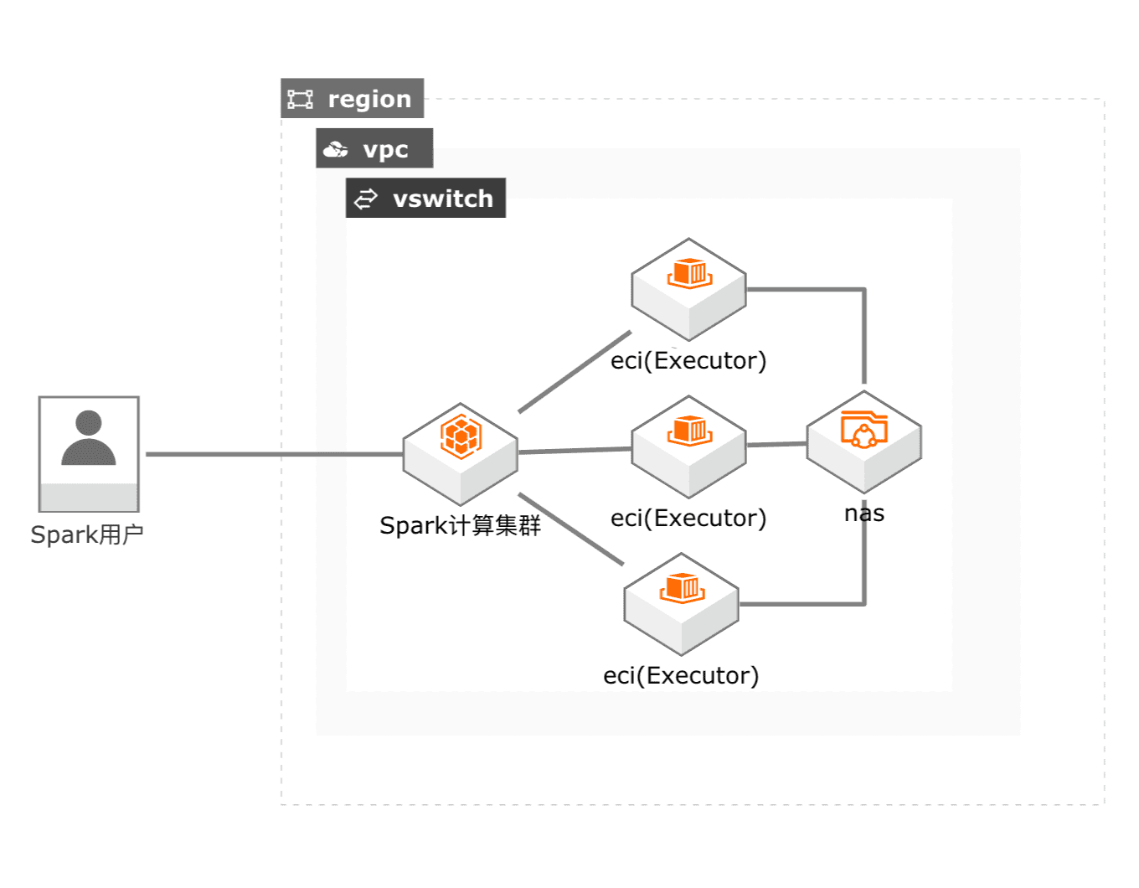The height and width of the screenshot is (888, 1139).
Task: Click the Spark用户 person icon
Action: (x=89, y=453)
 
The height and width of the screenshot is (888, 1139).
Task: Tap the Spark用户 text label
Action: (x=87, y=534)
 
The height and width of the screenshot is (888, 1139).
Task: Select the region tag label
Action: (x=353, y=98)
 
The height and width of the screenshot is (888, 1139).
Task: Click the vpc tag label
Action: (x=374, y=148)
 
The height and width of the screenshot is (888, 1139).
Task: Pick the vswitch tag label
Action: (x=425, y=199)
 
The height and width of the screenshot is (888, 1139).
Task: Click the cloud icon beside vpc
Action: (x=336, y=149)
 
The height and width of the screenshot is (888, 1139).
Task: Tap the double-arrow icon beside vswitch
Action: (x=365, y=199)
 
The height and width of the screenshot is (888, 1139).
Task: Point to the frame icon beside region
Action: (x=301, y=99)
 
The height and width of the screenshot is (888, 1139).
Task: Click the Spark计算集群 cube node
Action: (x=461, y=454)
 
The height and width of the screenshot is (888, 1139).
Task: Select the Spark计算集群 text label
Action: (x=460, y=525)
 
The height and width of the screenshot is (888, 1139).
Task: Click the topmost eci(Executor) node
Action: (x=688, y=289)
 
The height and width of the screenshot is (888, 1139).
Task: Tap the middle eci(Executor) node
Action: (x=688, y=447)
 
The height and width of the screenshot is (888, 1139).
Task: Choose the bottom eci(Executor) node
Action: (x=682, y=604)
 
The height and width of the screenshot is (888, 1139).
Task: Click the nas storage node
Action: (x=863, y=441)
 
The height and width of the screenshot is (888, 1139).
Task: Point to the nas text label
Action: (x=864, y=514)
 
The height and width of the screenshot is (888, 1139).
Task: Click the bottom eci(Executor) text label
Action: (x=681, y=676)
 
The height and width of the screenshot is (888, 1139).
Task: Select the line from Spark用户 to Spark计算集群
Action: (x=274, y=454)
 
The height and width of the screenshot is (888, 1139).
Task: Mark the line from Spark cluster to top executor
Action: (x=575, y=372)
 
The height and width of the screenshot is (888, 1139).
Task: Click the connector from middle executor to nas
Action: (x=776, y=445)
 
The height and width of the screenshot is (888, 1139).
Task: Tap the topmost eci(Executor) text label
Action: (x=688, y=361)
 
